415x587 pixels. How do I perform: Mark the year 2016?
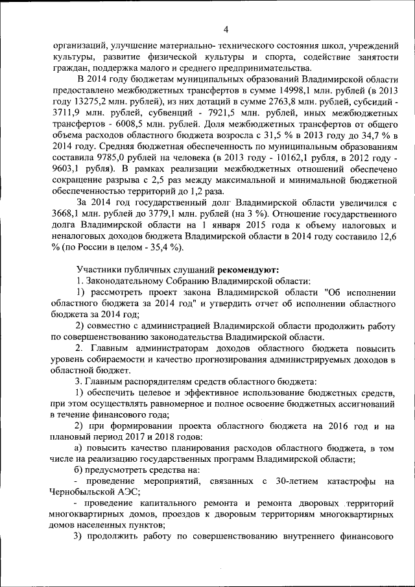(x=332, y=425)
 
